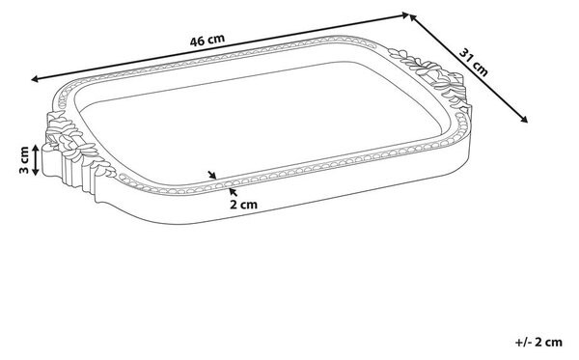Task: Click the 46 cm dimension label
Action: (207, 40)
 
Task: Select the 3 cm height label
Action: (23, 160)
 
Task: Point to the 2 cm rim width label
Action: (243, 205)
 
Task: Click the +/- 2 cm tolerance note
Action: (538, 342)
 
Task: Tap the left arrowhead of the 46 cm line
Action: (35, 79)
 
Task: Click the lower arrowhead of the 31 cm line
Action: (524, 119)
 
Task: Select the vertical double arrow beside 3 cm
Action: (36, 160)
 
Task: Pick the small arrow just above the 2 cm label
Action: (233, 192)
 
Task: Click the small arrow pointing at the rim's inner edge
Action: (212, 175)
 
